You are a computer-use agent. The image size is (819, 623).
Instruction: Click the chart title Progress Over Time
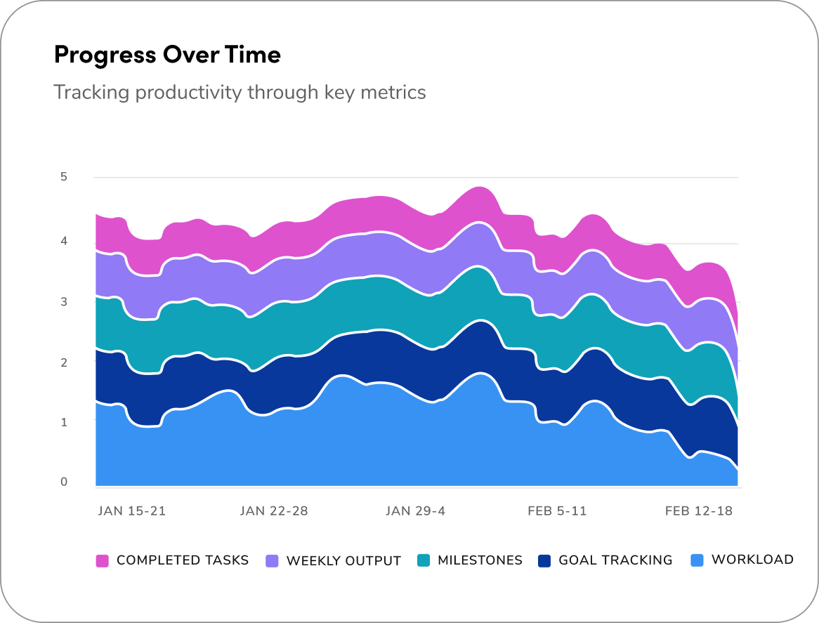(167, 55)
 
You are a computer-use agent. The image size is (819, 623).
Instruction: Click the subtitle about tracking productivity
(240, 92)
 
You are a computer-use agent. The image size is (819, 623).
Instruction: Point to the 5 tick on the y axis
(64, 177)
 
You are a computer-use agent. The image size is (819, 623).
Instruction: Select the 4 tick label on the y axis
(64, 241)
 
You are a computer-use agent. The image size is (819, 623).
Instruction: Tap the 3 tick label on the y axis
(64, 301)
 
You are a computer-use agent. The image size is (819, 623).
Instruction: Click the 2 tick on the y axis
(64, 362)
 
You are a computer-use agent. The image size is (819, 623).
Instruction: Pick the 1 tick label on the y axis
(64, 422)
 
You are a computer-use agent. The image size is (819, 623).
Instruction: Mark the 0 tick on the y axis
(64, 482)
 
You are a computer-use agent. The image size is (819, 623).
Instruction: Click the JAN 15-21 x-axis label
(131, 511)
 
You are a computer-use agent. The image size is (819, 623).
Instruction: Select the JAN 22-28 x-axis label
(274, 511)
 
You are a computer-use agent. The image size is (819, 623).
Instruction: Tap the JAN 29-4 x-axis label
(415, 511)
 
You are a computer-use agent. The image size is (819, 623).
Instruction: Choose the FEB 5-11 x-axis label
(557, 511)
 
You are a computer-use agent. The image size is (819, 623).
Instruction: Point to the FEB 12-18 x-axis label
(698, 511)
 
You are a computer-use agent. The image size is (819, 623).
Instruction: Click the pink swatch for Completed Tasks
(103, 560)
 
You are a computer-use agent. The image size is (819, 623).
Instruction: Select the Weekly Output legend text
(343, 561)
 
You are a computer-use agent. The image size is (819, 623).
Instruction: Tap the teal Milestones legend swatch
(424, 560)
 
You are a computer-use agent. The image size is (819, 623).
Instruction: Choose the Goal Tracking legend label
(615, 560)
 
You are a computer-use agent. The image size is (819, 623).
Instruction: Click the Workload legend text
(752, 560)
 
